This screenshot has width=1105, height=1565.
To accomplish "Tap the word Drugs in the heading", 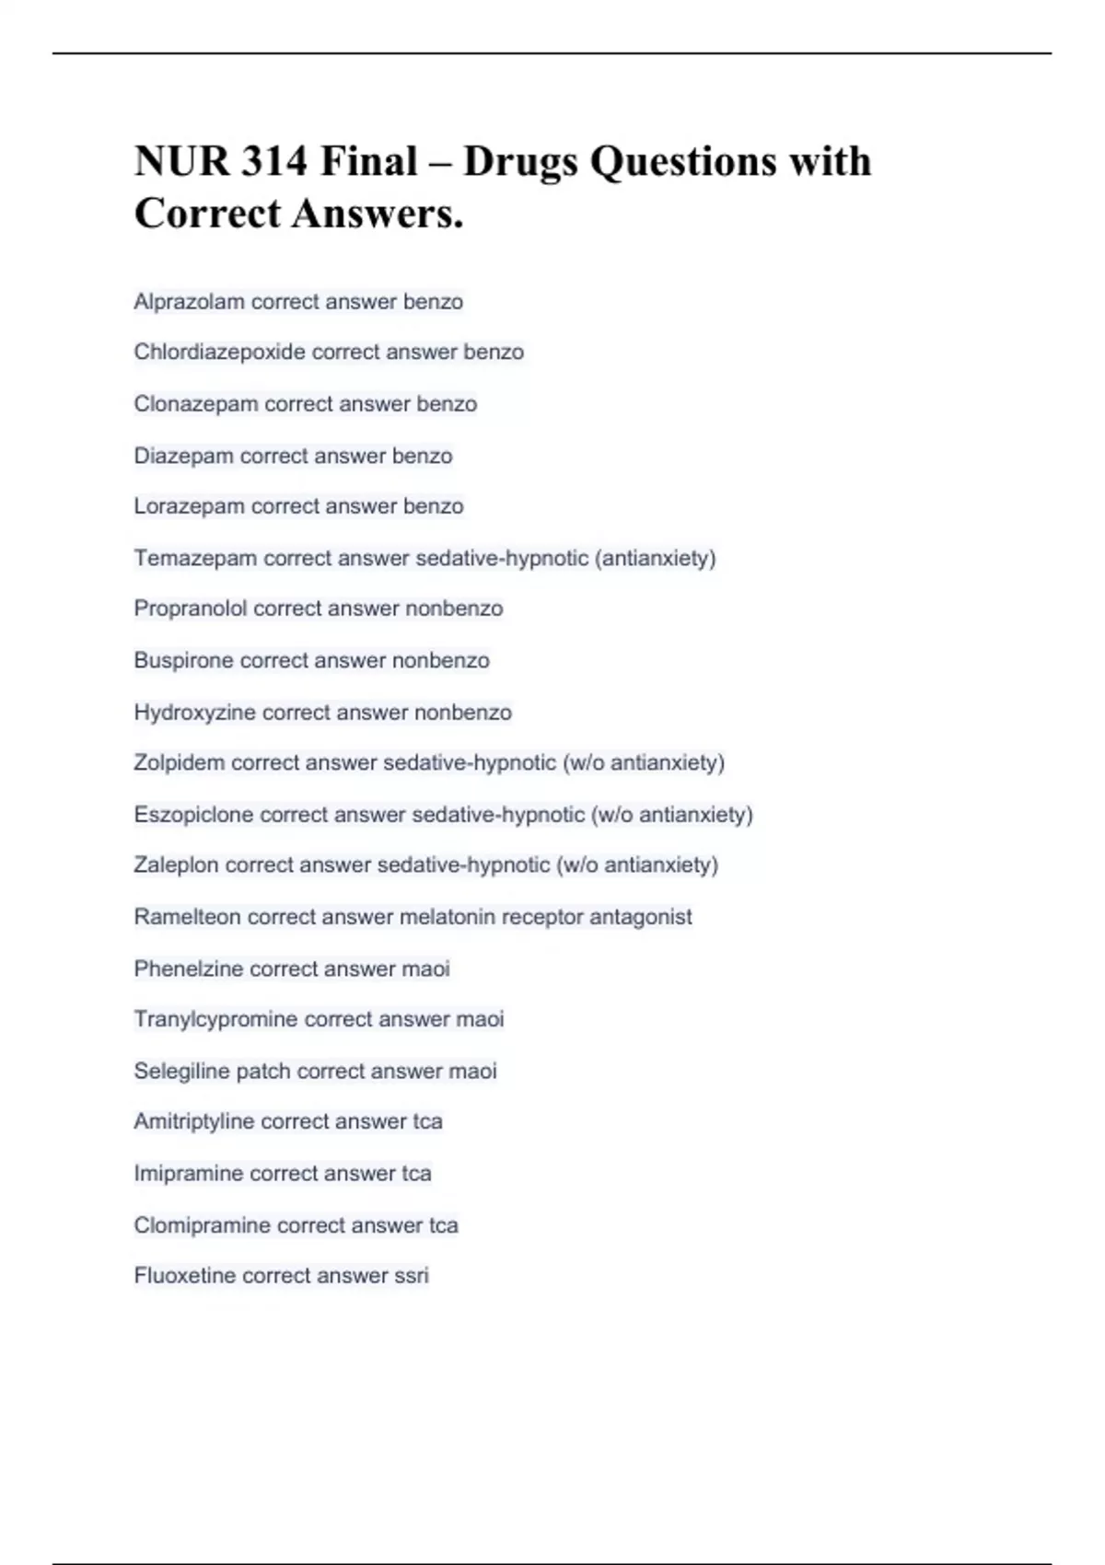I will [x=519, y=162].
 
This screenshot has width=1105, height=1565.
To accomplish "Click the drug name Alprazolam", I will [x=189, y=302].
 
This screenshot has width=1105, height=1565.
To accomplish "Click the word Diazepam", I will [x=183, y=456].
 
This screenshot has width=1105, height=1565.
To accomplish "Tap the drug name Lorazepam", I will [x=189, y=506].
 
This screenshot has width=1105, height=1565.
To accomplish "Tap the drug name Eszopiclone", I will [x=193, y=815].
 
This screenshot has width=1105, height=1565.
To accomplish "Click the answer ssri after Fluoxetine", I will [x=412, y=1276].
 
